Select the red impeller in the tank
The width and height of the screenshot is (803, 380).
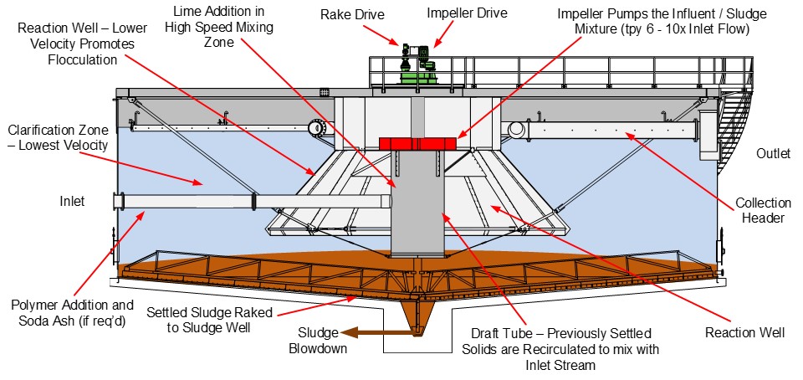(x=421, y=144)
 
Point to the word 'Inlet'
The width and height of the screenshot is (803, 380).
(x=71, y=202)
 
